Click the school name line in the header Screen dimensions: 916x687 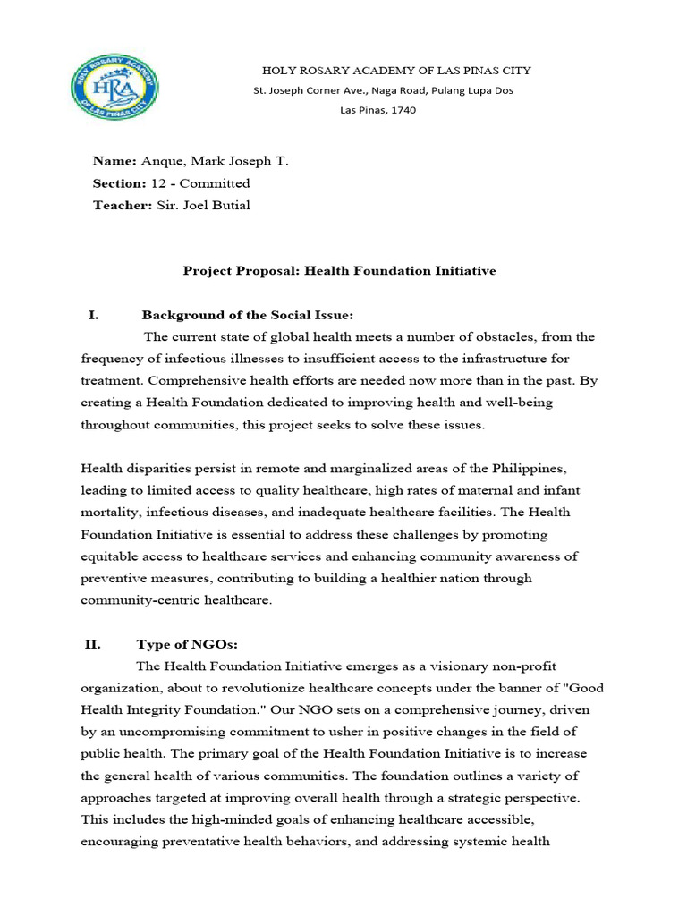[382, 71]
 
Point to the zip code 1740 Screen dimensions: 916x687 [403, 110]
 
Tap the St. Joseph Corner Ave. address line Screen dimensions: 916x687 [383, 90]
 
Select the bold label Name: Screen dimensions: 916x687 [114, 161]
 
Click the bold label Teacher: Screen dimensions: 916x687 [121, 205]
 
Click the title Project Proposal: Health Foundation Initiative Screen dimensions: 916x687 [339, 270]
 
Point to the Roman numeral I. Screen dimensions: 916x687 [92, 315]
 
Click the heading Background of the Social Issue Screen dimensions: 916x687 [248, 315]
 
